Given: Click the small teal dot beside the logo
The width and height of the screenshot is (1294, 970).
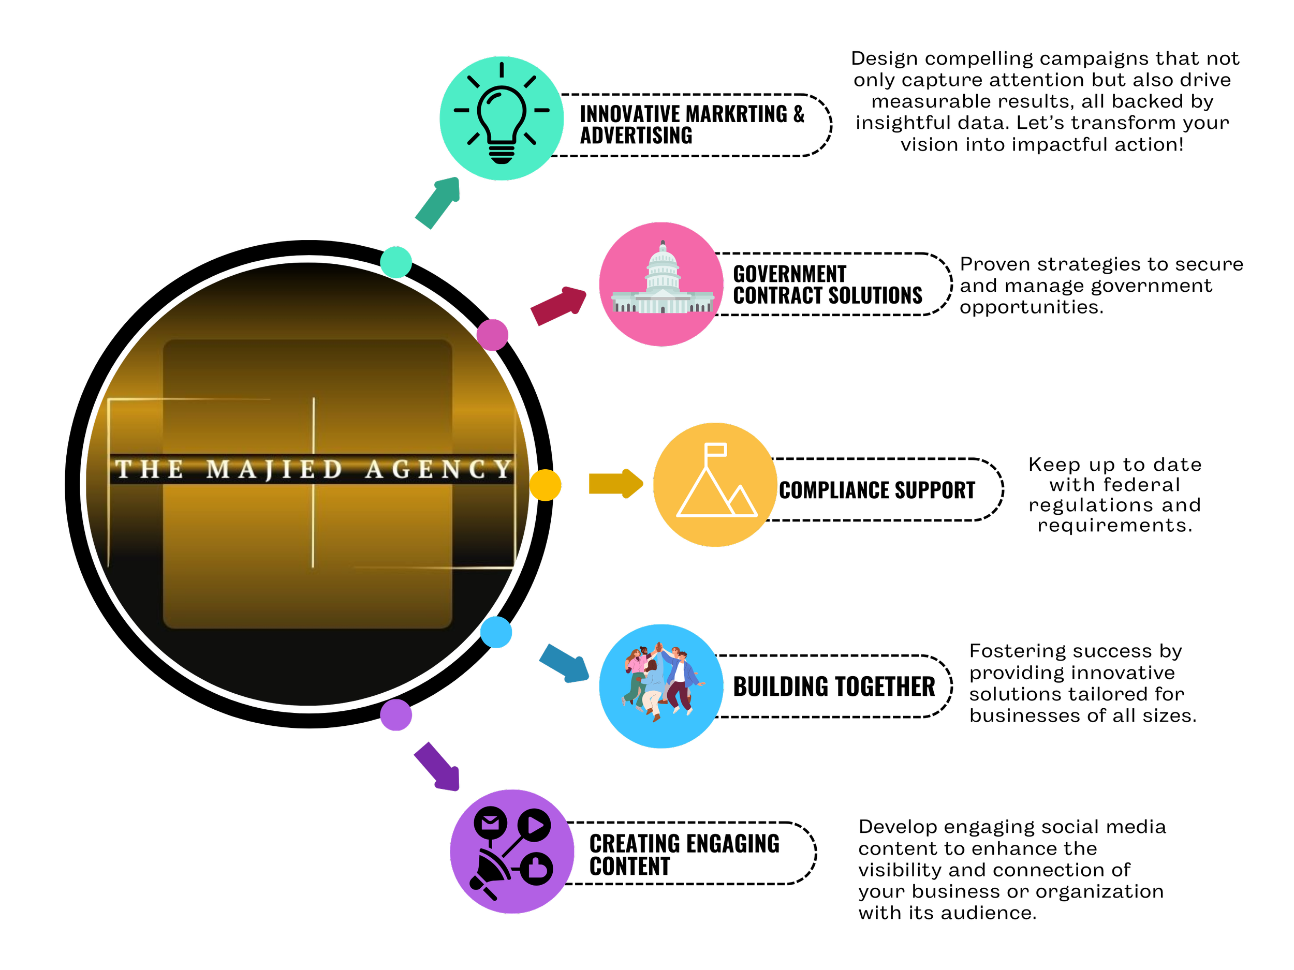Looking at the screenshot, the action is (396, 262).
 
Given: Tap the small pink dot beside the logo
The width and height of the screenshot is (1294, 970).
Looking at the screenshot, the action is (493, 335).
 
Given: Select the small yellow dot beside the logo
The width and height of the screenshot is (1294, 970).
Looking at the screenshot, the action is (545, 485).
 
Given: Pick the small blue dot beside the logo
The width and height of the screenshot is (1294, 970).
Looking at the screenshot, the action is (496, 632).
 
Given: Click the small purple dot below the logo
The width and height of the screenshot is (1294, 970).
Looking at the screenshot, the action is (396, 714).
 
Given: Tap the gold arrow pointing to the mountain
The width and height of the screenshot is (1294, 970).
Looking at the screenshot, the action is (615, 484).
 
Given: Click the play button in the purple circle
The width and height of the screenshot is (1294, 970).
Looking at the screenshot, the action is (535, 825).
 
